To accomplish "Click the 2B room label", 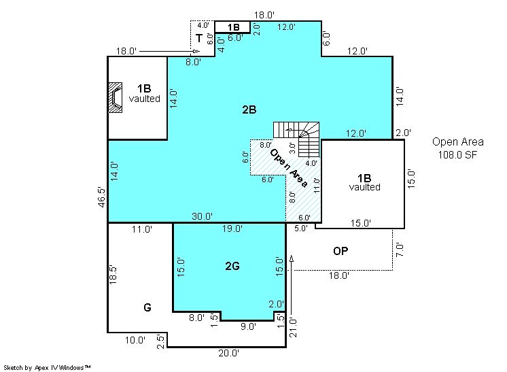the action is tap(249, 110).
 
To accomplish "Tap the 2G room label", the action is tap(232, 266).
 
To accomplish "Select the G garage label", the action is tap(147, 307).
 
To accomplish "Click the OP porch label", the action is tap(340, 251).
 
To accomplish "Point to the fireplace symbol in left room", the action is tap(115, 97).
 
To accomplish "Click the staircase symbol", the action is tap(296, 139).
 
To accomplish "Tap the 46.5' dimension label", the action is tap(101, 197).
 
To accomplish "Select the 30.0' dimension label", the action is tap(202, 216).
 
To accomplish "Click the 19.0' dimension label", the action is tap(232, 229).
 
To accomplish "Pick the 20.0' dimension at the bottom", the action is tap(228, 353).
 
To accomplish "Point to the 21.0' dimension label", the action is tap(293, 327).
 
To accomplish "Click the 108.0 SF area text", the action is tap(457, 154).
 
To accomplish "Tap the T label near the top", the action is tap(199, 39).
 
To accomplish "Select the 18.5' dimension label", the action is tap(113, 275).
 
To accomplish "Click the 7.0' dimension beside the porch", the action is tap(400, 250).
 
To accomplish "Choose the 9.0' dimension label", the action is tap(248, 326).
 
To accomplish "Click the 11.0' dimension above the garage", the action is tap(141, 229).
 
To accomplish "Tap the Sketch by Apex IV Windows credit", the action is tap(47, 368).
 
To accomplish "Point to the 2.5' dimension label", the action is tap(160, 341).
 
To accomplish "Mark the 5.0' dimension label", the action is tap(300, 228).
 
